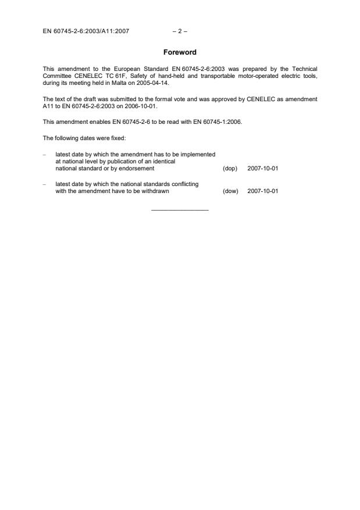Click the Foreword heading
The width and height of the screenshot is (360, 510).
tap(180, 52)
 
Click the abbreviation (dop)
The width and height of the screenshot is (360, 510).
tap(230, 168)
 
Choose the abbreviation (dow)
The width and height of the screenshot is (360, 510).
tap(230, 190)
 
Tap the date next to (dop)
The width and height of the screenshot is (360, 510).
tap(262, 168)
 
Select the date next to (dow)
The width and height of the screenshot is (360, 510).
tap(262, 190)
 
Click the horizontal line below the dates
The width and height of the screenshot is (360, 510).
tap(180, 210)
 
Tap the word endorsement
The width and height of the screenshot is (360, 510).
tap(136, 168)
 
